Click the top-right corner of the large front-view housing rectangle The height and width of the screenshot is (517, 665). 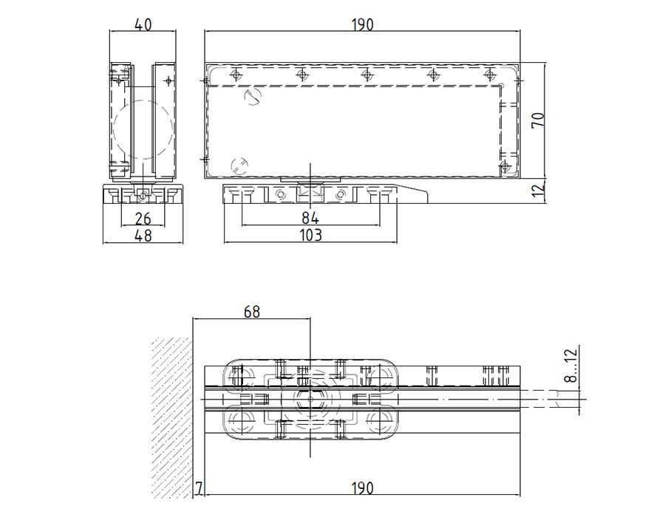(520, 63)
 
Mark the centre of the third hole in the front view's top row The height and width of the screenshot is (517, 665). (366, 75)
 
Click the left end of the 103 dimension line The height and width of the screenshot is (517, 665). (224, 242)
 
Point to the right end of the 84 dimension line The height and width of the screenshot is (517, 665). (380, 225)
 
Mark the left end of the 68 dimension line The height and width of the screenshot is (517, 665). (193, 318)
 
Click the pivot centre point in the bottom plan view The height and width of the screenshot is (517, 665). (310, 399)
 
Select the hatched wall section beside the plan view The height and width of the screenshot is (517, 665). (171, 418)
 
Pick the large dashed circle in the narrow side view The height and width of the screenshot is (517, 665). (143, 130)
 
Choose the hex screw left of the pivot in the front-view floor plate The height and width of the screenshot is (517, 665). (279, 194)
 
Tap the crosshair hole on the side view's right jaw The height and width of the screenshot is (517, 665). (168, 80)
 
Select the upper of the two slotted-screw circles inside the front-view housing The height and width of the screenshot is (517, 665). (253, 97)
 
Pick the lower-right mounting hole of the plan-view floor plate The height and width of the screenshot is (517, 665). (378, 419)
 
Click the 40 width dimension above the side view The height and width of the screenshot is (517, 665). (143, 24)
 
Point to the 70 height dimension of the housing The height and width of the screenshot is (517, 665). (538, 120)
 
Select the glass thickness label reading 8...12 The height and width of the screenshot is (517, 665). (572, 365)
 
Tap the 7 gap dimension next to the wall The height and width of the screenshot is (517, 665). (199, 488)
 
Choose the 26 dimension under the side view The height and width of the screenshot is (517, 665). (143, 219)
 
